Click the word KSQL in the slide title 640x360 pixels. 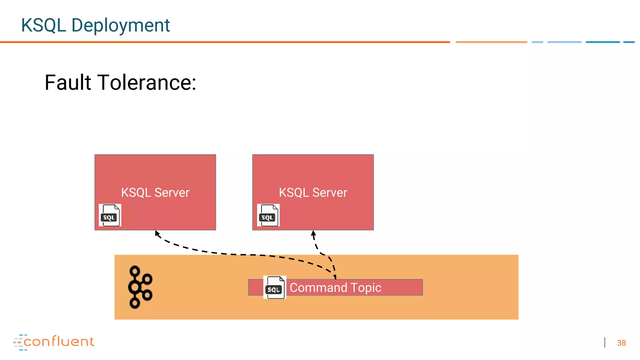(43, 25)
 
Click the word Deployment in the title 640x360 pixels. (120, 25)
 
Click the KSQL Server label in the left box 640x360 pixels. (155, 192)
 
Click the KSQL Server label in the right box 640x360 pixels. (313, 192)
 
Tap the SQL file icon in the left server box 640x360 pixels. (110, 215)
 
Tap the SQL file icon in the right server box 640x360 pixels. (268, 215)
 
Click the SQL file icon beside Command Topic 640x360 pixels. (275, 287)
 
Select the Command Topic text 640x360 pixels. (335, 287)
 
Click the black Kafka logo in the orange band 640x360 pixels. (140, 287)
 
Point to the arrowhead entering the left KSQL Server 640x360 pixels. (157, 233)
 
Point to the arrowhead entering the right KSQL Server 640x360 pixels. (313, 233)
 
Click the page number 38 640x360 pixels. (621, 343)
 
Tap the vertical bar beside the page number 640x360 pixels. (605, 342)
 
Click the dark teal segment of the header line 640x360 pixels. (602, 42)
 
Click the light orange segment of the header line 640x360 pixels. (491, 42)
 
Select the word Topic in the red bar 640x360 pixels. (366, 287)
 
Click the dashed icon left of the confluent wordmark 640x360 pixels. (19, 342)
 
